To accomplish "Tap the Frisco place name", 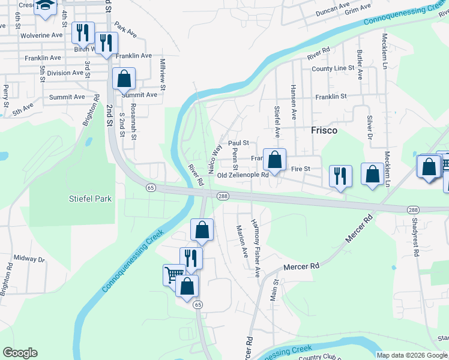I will click(x=324, y=130).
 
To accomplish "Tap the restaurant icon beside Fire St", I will click(x=340, y=176).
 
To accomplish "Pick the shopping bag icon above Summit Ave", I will click(x=124, y=79).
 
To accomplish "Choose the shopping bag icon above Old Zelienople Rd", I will click(x=274, y=160).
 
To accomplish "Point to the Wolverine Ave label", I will click(x=41, y=35).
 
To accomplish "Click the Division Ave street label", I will click(x=65, y=73).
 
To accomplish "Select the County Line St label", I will click(x=333, y=68).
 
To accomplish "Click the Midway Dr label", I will click(x=29, y=259).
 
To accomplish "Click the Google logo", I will click(x=20, y=353).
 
